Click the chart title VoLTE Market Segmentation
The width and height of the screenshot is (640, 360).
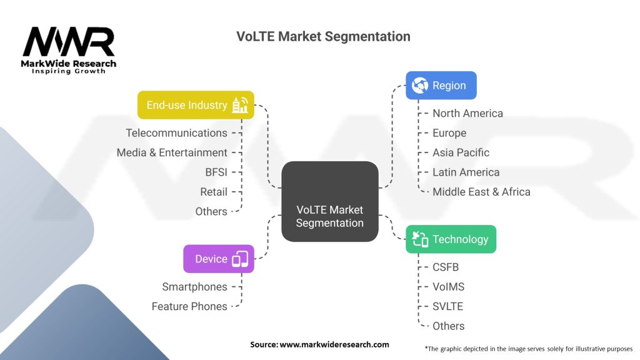[x=323, y=36]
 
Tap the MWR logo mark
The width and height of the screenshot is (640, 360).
[x=69, y=42]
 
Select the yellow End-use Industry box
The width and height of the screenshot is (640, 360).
[x=196, y=105]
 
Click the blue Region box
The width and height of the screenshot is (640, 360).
[x=441, y=86]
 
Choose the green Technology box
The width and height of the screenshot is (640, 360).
[x=451, y=239]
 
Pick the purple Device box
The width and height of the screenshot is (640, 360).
[x=218, y=259]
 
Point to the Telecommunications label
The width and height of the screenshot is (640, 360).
[x=176, y=132]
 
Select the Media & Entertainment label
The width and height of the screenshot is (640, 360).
[x=172, y=152]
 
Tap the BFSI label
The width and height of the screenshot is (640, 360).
[x=216, y=172]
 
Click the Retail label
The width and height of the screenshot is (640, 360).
[x=214, y=192]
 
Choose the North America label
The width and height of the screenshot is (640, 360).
[x=467, y=113]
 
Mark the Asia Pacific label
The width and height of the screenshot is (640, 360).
[x=461, y=152]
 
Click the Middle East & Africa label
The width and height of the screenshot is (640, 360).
[x=481, y=192]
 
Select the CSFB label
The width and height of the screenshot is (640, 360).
[x=446, y=267]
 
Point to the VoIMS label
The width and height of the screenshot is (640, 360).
[x=448, y=287]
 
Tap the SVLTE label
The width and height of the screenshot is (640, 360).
[x=447, y=306]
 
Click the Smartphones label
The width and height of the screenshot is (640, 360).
[x=194, y=287]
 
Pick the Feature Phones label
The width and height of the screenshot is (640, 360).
[x=189, y=306]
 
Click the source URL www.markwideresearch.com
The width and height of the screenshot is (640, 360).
[x=335, y=344]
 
